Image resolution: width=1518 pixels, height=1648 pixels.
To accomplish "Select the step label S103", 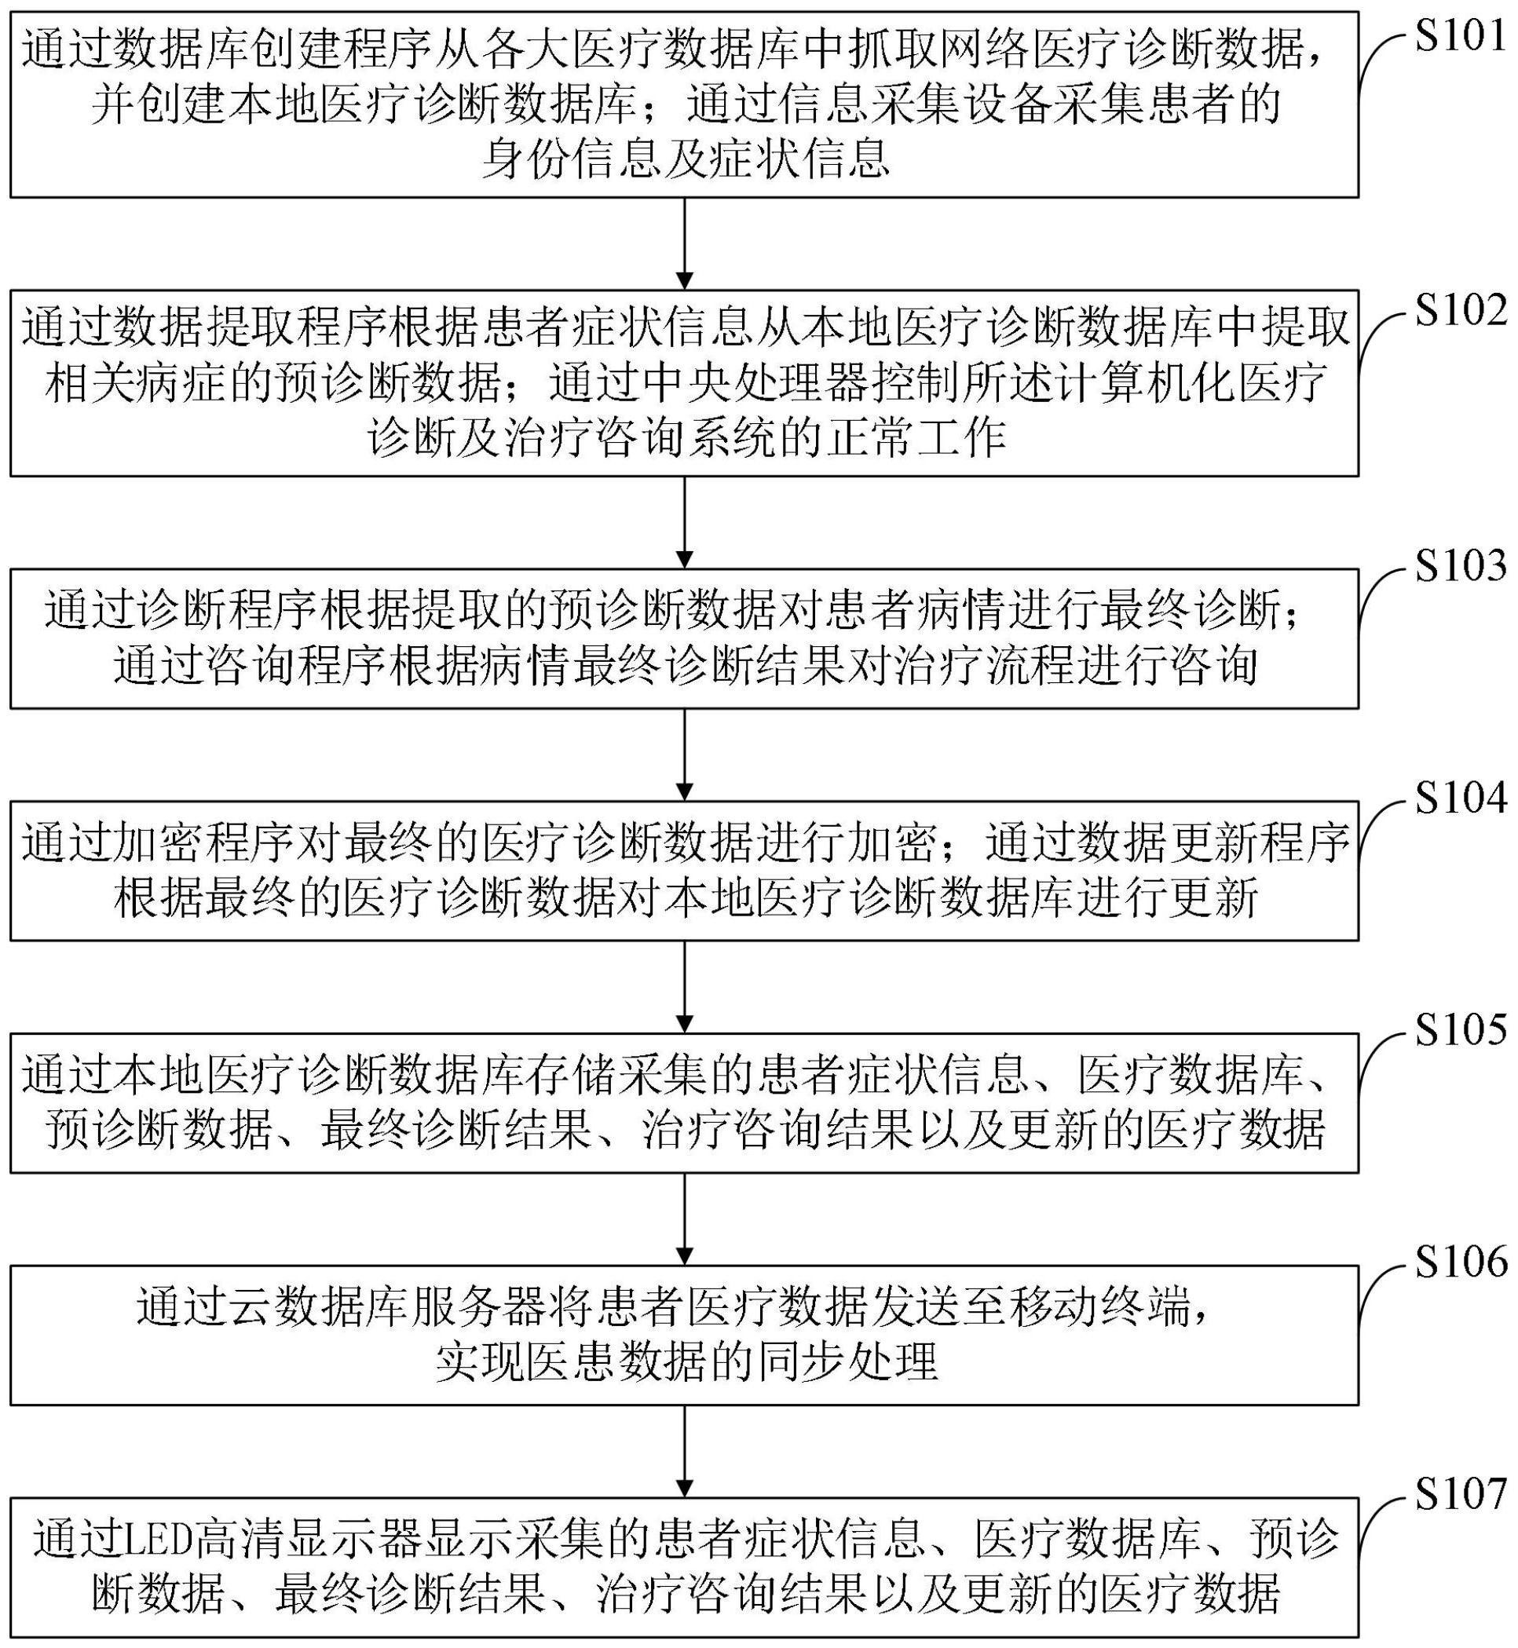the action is (1461, 566).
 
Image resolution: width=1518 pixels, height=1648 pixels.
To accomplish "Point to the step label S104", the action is (1461, 798).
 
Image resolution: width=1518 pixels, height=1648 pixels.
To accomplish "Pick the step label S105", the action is (1461, 1029).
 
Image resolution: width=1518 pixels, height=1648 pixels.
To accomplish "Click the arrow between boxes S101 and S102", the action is (684, 244).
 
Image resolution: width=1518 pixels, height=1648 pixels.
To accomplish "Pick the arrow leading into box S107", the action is (684, 1451).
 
